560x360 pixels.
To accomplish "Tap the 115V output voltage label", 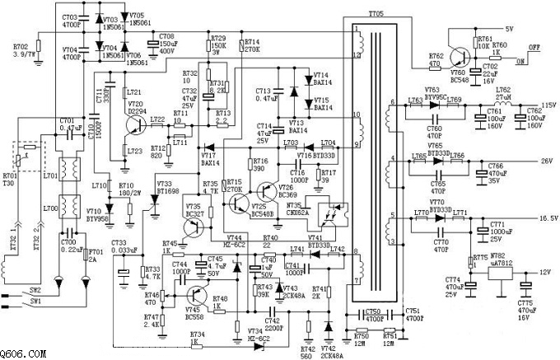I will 548,105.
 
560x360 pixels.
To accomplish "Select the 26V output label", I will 544,161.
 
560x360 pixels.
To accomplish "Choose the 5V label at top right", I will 509,28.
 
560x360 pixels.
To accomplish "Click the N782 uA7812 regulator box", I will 502,278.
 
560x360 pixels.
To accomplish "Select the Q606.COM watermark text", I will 22,353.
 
